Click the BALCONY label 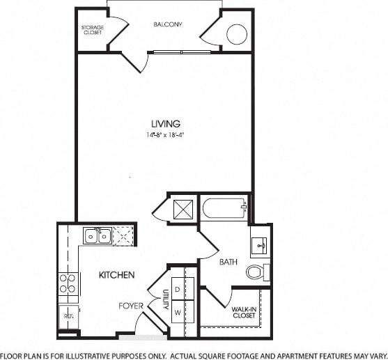[167, 24]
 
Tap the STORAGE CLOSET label [93, 30]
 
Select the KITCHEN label [116, 275]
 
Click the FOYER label [130, 306]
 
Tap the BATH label [228, 263]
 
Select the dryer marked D [177, 288]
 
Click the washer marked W [177, 312]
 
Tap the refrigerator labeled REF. [68, 315]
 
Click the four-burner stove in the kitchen [68, 283]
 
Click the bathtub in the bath [223, 207]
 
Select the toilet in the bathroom [256, 271]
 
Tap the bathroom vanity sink [259, 246]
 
